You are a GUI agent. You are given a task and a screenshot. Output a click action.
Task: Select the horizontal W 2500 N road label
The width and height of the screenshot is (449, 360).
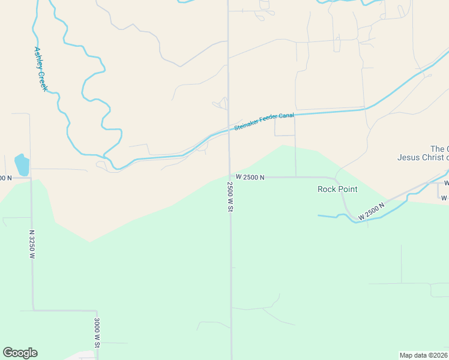tap(250, 177)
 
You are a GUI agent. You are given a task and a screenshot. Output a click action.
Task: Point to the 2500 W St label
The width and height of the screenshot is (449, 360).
tap(230, 196)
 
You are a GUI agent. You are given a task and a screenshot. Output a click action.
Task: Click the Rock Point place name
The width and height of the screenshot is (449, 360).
tap(337, 189)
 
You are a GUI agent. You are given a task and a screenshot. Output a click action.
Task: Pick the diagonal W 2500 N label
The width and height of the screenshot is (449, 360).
tap(371, 211)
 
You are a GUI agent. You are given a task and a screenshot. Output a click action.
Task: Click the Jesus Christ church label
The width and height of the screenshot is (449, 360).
tap(423, 158)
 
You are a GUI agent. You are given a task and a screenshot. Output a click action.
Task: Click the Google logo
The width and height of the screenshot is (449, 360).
tap(20, 353)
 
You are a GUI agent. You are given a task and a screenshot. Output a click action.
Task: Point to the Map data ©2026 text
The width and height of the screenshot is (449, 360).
tap(423, 355)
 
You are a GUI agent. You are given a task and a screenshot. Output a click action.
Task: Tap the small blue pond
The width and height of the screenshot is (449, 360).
tap(21, 164)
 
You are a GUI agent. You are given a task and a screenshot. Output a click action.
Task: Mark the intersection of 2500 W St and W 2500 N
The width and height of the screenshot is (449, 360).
tap(229, 177)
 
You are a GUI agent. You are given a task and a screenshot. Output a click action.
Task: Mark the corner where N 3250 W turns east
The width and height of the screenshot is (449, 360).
tap(33, 310)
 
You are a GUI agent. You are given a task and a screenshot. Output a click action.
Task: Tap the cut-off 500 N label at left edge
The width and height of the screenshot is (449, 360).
tap(5, 178)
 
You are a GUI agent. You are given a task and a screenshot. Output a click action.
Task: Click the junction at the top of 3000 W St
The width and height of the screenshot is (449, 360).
tap(97, 311)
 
